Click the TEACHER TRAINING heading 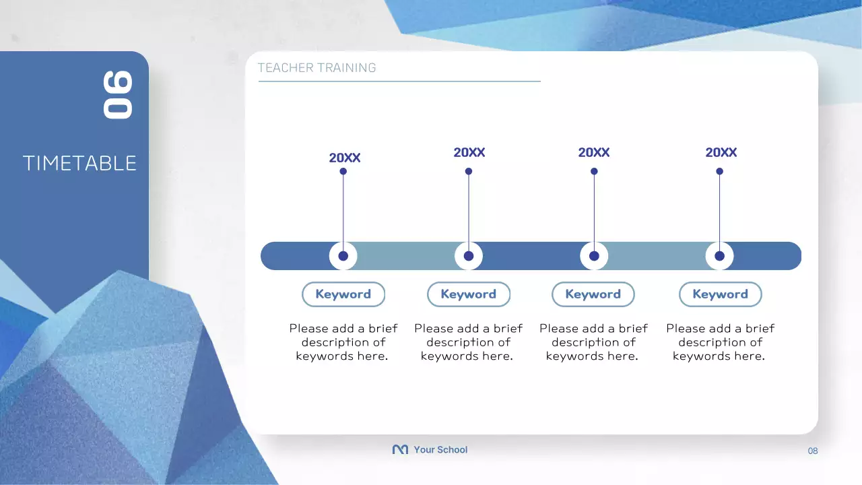point(317,68)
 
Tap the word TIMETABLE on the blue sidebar point(79,163)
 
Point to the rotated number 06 point(118,95)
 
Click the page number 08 point(813,451)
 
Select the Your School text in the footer point(440,450)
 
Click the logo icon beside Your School point(400,449)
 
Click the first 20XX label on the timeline point(345,158)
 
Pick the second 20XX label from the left point(469,153)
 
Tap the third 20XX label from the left point(594,153)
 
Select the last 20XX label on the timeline point(721,153)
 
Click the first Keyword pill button point(343,294)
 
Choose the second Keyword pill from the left point(469,294)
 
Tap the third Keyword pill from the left point(593,294)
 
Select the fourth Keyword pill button point(721,294)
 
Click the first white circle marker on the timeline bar point(343,256)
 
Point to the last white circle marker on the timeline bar point(719,256)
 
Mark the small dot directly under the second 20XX point(469,171)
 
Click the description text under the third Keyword point(593,342)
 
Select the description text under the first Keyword point(343,342)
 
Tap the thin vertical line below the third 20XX point(594,209)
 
